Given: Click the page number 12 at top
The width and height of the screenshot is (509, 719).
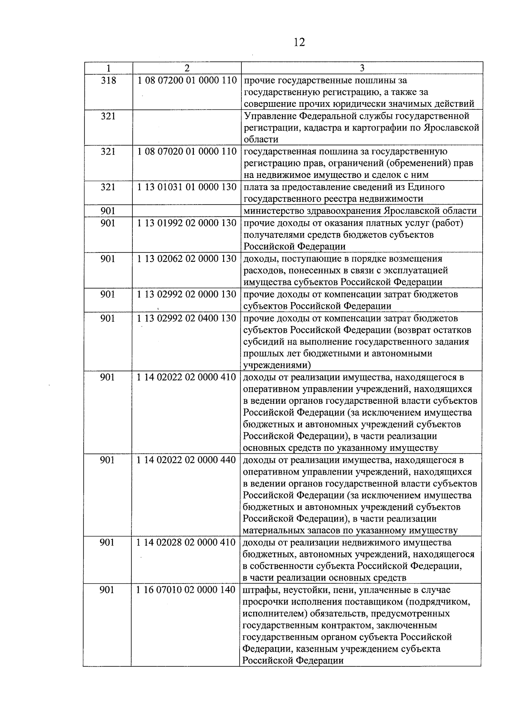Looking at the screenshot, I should (299, 43).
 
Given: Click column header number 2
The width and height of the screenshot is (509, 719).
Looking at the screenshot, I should (187, 68).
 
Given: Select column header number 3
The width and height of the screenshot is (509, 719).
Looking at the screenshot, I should (362, 68).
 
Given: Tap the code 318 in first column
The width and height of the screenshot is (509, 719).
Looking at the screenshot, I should (108, 80).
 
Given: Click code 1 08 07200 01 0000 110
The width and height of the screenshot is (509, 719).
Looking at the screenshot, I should (187, 80).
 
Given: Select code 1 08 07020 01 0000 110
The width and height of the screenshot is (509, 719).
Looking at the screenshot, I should (187, 151).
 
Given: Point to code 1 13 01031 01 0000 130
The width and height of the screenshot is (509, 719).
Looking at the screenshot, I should (187, 187).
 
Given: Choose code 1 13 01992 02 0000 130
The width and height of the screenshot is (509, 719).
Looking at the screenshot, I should (187, 222).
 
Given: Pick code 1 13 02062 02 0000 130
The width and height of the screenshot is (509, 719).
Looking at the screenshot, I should (187, 258).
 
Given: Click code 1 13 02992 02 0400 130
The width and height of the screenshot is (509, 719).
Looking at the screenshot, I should (187, 318).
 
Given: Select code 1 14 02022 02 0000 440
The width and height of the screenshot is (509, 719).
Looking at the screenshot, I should (187, 460).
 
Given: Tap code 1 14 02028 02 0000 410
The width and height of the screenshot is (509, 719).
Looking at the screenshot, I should (187, 543).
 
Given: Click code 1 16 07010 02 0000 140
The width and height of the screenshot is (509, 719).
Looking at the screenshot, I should (187, 590).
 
